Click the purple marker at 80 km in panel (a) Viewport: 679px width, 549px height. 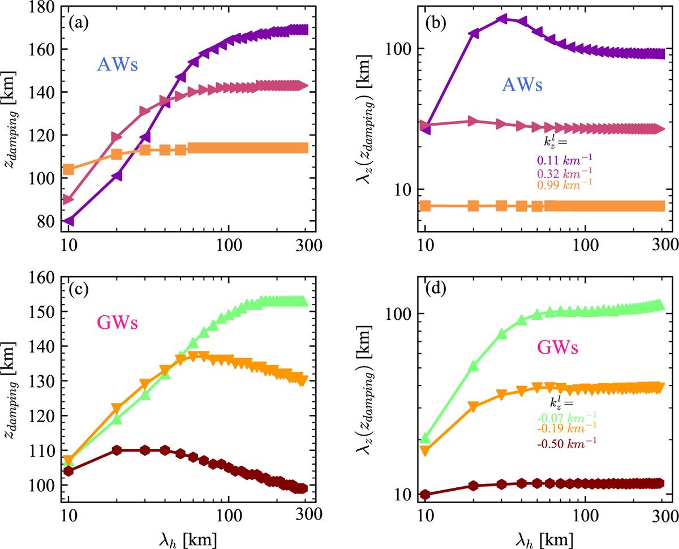pos(68,221)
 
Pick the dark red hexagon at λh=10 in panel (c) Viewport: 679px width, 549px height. pos(68,471)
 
